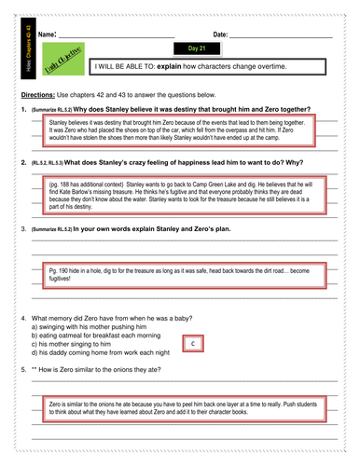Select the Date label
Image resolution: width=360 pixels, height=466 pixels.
tap(220, 34)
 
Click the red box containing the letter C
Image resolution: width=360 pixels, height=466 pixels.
tap(192, 344)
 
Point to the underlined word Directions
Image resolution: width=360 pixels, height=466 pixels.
tap(38, 96)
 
